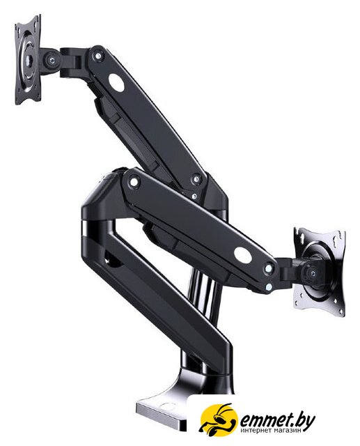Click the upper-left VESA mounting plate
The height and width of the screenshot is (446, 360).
pyautogui.click(x=28, y=60)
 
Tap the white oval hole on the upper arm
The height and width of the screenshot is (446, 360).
pyautogui.click(x=116, y=82)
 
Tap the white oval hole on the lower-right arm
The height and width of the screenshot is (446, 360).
pyautogui.click(x=242, y=254)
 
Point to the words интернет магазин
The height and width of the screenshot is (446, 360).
pyautogui.click(x=271, y=431)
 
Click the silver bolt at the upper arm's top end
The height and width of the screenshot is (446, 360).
pyautogui.click(x=97, y=56)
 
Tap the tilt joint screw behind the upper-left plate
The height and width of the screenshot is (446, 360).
pyautogui.click(x=52, y=60)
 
